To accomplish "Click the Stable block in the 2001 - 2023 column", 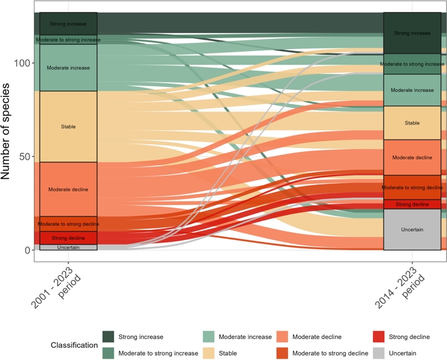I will click(x=68, y=126).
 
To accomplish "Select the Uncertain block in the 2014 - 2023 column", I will click(x=412, y=229).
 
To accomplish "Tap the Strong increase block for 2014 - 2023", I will click(x=412, y=33).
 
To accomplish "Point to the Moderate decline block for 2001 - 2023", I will click(x=68, y=189).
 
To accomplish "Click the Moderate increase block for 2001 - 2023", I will click(x=68, y=68).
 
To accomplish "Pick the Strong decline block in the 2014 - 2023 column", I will click(x=412, y=204).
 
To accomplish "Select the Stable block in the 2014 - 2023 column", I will click(x=412, y=123).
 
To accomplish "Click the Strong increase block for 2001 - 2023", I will click(x=68, y=24).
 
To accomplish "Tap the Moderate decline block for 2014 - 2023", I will click(x=412, y=157).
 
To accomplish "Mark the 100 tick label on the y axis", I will click(x=23, y=63).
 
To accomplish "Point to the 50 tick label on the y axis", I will click(x=26, y=157).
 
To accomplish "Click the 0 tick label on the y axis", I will click(x=28, y=250).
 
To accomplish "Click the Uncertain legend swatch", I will click(x=378, y=353).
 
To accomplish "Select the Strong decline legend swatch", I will click(x=378, y=337).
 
